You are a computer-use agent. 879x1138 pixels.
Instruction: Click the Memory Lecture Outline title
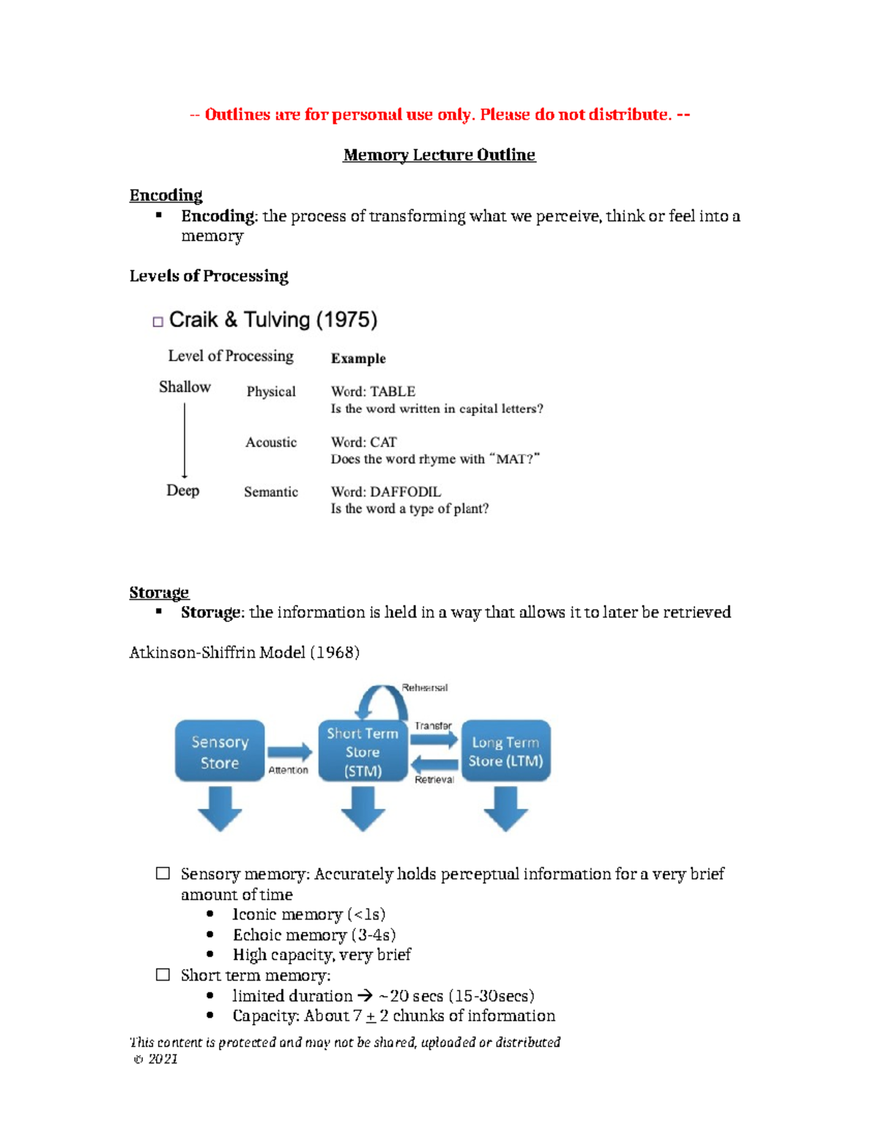[x=439, y=155]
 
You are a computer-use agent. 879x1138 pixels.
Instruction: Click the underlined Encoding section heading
[x=166, y=195]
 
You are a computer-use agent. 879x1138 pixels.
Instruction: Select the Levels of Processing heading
[x=209, y=276]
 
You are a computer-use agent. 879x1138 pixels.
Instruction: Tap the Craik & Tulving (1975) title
[x=272, y=319]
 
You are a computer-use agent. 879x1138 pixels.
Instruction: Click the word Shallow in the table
[x=185, y=387]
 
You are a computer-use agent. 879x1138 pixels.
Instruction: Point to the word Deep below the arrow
[x=182, y=490]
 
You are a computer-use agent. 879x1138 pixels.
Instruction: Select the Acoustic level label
[x=271, y=442]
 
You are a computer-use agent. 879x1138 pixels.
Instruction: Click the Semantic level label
[x=271, y=492]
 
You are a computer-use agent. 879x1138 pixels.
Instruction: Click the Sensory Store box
[x=220, y=752]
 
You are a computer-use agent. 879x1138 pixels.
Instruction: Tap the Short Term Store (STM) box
[x=363, y=752]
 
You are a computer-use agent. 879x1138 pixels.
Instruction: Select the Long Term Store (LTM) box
[x=505, y=752]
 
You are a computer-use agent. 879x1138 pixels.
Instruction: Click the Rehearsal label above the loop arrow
[x=424, y=688]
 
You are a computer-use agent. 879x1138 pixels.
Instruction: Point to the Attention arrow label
[x=288, y=770]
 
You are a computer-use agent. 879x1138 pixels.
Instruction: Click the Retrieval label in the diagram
[x=434, y=780]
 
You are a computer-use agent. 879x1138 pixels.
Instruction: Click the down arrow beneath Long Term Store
[x=505, y=808]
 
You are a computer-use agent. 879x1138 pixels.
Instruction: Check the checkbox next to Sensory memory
[x=163, y=873]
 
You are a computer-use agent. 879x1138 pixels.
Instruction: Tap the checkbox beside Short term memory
[x=163, y=975]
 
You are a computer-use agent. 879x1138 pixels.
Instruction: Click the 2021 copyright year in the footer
[x=163, y=1059]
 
